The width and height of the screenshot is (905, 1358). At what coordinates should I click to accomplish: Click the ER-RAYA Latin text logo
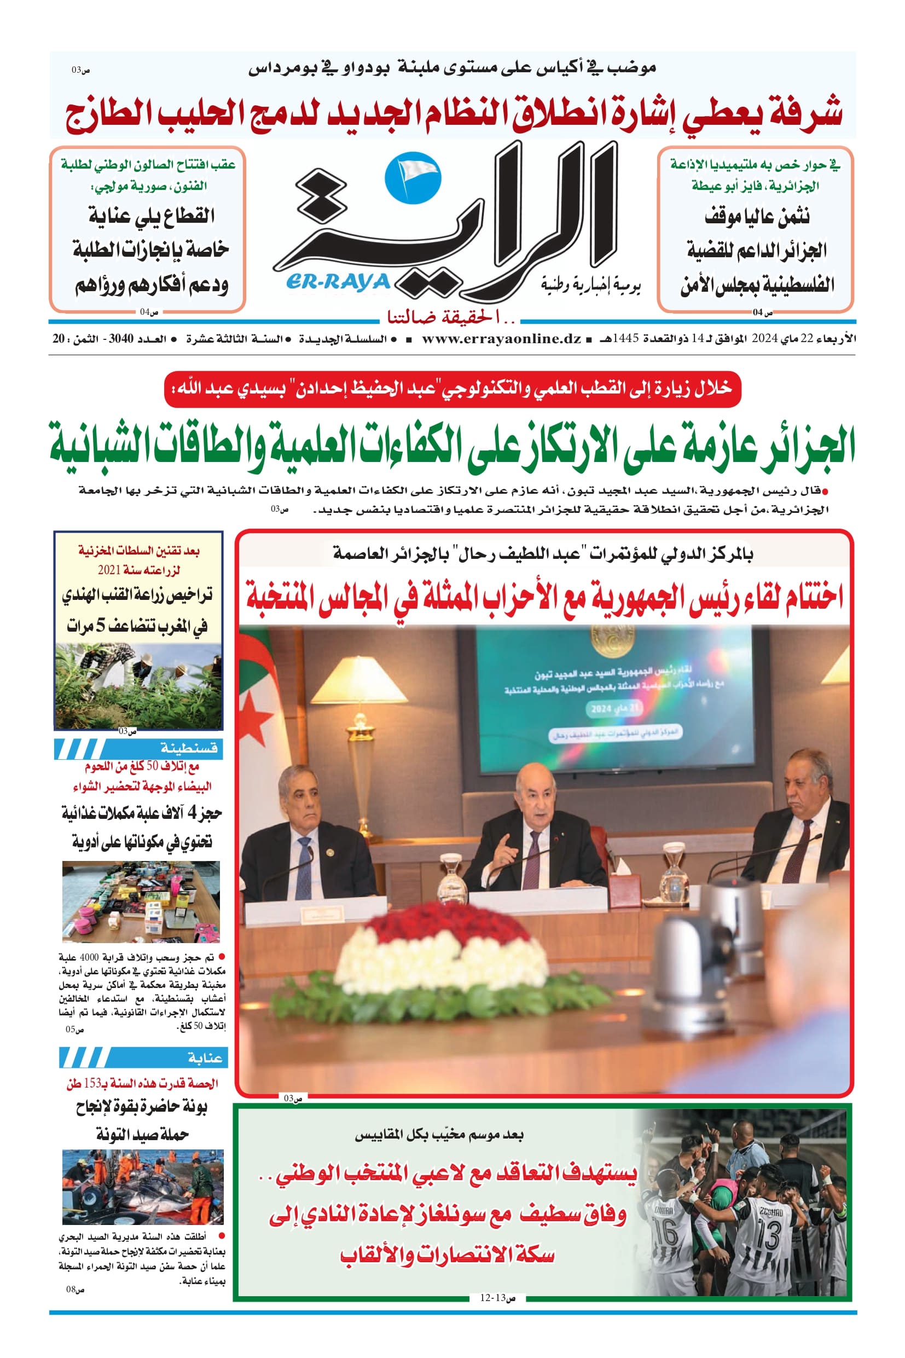[338, 282]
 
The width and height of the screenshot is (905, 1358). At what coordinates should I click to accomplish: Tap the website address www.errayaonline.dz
[501, 339]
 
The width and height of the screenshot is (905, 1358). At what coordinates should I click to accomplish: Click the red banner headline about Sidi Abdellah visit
[452, 389]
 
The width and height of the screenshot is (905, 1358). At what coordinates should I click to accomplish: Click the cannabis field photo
[138, 685]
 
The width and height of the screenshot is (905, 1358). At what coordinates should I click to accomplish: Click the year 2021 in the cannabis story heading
[109, 570]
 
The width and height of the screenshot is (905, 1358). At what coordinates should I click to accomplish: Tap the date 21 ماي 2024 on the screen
[613, 707]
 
